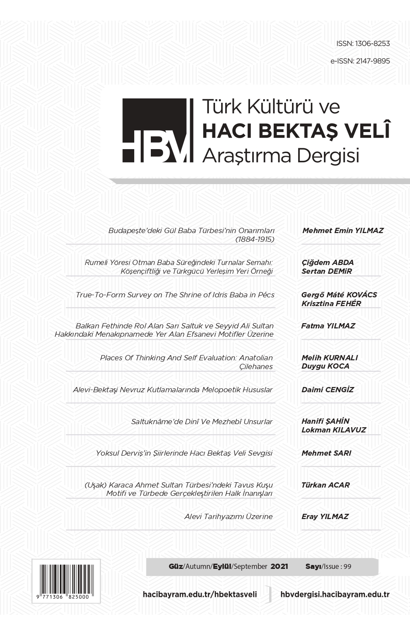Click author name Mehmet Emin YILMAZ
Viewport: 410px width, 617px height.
[x=343, y=230]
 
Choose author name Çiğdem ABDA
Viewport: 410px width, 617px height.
[x=327, y=262]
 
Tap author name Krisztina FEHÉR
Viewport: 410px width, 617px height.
[x=331, y=303]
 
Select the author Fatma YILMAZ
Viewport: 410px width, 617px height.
[x=328, y=326]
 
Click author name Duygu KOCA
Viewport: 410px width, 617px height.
[x=325, y=366]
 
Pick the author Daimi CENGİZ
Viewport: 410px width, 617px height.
[x=327, y=389]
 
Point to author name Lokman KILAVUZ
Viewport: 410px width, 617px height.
[x=334, y=430]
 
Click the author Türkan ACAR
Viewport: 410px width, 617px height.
[x=325, y=485]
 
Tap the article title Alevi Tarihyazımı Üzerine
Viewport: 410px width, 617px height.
[x=228, y=516]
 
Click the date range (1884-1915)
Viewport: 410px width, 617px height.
[x=254, y=239]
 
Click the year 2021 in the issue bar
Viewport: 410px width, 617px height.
[x=279, y=566]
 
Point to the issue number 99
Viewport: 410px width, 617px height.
[x=347, y=567]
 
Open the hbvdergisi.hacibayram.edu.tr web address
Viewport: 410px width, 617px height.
[x=334, y=594]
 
